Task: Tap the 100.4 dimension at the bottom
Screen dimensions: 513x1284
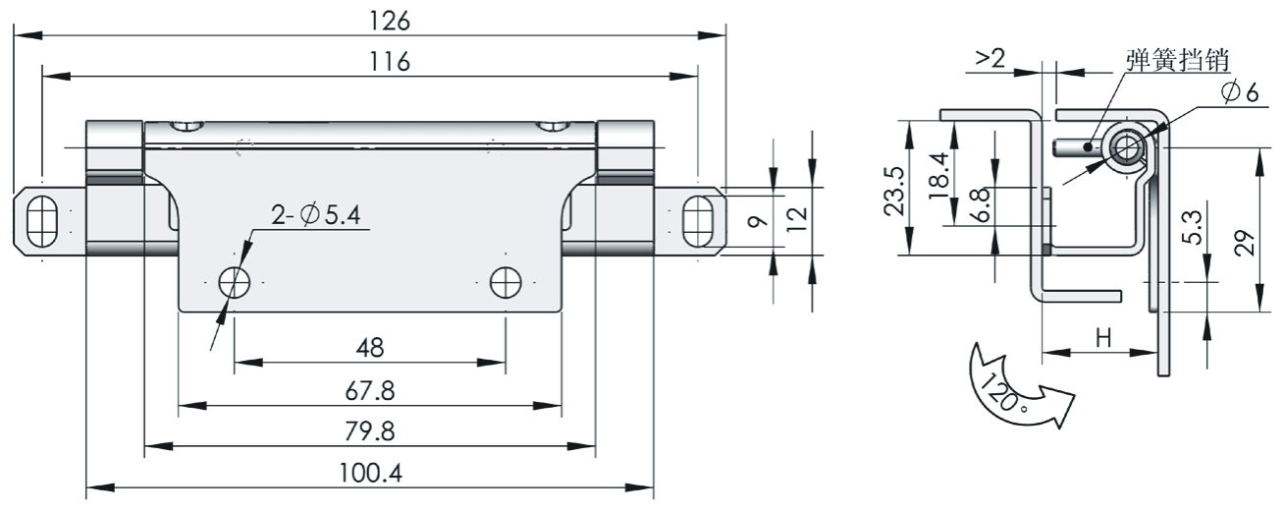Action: (x=370, y=473)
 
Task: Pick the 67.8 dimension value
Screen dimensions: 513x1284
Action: (x=370, y=391)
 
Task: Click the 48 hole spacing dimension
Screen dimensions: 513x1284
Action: (x=370, y=348)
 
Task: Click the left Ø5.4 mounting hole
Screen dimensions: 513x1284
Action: (x=235, y=282)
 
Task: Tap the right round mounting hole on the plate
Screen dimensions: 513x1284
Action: (x=506, y=282)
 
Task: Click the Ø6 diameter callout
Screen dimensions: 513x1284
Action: (x=1239, y=91)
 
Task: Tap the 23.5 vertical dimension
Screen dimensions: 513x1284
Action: (x=891, y=187)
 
